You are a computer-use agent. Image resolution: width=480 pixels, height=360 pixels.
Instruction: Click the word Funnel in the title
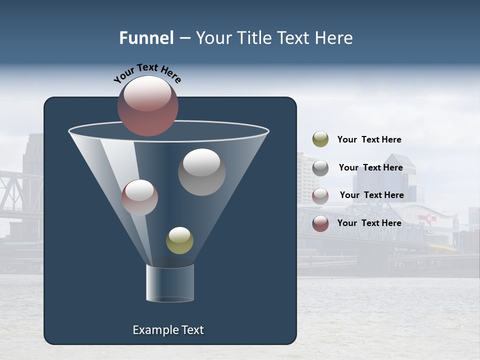coord(146,38)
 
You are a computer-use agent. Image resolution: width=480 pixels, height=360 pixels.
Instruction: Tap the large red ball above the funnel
coord(148,106)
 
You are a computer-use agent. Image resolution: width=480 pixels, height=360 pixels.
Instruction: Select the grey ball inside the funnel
coord(202,172)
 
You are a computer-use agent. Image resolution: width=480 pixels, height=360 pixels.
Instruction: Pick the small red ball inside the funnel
coord(140,197)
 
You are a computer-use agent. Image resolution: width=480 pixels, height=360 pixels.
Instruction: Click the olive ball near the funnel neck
coord(179,240)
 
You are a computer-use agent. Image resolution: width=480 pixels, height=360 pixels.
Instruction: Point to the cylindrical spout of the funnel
coord(170,283)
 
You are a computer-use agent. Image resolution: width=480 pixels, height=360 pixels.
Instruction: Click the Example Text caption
coord(168,330)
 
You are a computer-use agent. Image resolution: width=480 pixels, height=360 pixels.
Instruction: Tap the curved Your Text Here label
coord(147,73)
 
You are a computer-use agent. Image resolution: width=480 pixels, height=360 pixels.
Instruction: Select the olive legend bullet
coord(320,139)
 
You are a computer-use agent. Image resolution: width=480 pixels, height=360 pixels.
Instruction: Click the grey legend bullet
coord(320,168)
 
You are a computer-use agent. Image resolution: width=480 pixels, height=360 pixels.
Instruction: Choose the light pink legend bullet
coord(320,196)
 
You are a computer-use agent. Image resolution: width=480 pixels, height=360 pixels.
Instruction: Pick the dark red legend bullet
coord(320,223)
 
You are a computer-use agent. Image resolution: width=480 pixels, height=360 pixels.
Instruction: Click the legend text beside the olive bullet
coord(369,139)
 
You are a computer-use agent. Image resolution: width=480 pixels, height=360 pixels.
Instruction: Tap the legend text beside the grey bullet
coord(370,167)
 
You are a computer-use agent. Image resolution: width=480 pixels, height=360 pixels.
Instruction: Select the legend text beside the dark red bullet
coord(369,223)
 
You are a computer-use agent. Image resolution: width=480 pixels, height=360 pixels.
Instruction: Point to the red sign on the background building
coord(427,217)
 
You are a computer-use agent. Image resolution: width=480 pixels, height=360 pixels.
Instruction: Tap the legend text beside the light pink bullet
coord(371,195)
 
